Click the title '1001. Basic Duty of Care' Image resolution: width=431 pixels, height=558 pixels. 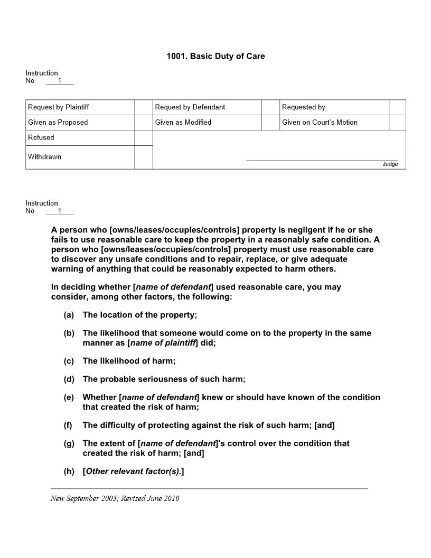[215, 56]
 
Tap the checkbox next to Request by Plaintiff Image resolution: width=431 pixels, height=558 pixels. [143, 107]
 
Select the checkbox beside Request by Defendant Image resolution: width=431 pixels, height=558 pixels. [270, 107]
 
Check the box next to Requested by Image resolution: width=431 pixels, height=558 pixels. [397, 107]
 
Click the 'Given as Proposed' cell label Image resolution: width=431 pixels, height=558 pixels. [58, 123]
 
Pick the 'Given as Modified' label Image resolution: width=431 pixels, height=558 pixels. [183, 123]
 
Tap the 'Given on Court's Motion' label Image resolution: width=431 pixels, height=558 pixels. [320, 123]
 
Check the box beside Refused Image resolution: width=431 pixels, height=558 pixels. [143, 138]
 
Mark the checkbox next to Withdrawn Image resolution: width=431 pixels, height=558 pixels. [143, 157]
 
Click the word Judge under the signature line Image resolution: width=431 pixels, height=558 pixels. [390, 164]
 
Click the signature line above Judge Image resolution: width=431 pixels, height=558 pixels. [322, 160]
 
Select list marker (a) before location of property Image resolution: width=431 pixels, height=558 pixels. [69, 315]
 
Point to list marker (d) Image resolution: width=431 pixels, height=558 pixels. [69, 379]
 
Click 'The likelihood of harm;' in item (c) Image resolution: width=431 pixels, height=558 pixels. [129, 361]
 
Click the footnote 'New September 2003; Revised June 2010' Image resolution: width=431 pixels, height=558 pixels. [115, 498]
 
